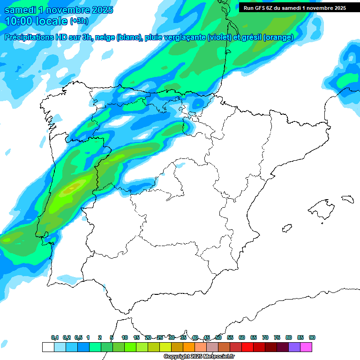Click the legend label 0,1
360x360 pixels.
click(55, 337)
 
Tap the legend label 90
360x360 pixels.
click(312, 337)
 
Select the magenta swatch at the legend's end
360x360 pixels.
click(307, 347)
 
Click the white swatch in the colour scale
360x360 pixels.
click(48, 347)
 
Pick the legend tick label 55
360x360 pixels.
click(230, 337)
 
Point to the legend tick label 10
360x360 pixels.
click(125, 337)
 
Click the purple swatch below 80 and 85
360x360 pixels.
click(294, 347)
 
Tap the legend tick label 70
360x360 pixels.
click(265, 337)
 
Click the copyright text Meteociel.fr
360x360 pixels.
click(199, 357)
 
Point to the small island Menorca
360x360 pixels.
click(347, 199)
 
